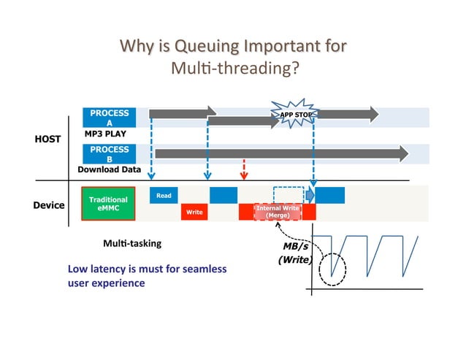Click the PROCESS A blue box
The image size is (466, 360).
click(110, 118)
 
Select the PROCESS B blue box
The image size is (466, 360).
click(110, 154)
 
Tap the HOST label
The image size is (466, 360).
click(47, 139)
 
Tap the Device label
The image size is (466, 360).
click(49, 205)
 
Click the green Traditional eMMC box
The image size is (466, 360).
click(107, 204)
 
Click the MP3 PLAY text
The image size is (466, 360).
click(105, 134)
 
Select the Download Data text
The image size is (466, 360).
click(110, 169)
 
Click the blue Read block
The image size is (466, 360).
click(164, 195)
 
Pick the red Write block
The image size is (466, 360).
click(194, 212)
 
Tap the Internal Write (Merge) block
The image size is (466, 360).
click(277, 212)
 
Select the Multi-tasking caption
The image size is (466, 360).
click(132, 242)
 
